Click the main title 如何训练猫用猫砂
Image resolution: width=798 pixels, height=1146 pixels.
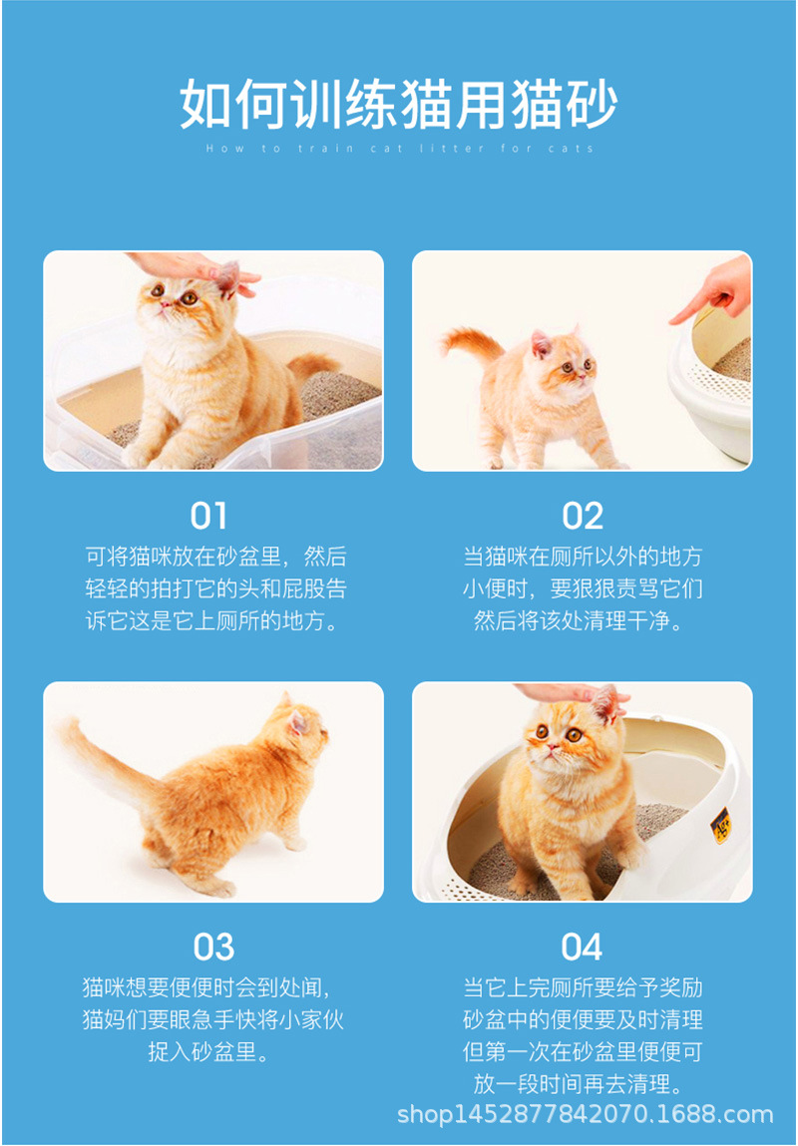point(399,104)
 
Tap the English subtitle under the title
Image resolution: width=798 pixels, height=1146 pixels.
point(399,149)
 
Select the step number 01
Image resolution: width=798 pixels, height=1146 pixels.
point(209,516)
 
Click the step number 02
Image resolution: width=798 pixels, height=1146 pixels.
point(583,516)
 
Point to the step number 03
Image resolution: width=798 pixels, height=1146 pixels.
point(212,947)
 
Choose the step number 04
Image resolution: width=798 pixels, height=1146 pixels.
point(583,947)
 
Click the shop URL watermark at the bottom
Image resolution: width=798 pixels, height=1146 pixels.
point(586,1114)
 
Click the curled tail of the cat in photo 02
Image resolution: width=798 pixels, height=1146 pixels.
point(471,344)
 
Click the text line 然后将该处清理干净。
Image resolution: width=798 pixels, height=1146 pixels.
point(583,621)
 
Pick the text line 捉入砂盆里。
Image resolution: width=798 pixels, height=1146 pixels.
point(212,1052)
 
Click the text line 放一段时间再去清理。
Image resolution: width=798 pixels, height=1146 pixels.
point(583,1083)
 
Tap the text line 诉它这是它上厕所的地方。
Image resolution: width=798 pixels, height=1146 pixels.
point(212,621)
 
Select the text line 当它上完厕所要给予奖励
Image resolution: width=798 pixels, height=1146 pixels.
point(583,988)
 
